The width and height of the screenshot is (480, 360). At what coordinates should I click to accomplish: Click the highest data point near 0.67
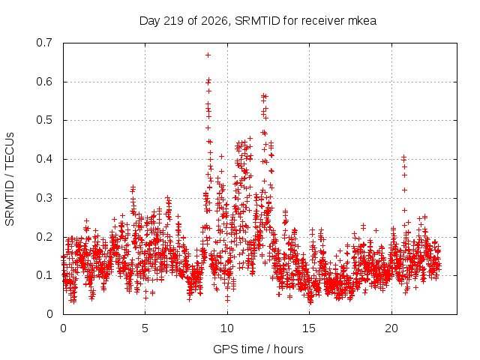pyautogui.click(x=208, y=55)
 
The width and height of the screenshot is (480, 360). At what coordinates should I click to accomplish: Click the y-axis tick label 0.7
pyautogui.click(x=44, y=43)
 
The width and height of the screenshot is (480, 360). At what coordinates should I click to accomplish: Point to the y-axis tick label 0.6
pyautogui.click(x=44, y=82)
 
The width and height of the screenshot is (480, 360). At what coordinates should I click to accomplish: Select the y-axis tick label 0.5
pyautogui.click(x=44, y=120)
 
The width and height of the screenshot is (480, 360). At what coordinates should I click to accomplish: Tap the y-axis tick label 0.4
pyautogui.click(x=44, y=159)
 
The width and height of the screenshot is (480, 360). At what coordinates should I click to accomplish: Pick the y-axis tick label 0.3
pyautogui.click(x=44, y=198)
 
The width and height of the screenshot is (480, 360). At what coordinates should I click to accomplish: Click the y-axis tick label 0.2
pyautogui.click(x=44, y=237)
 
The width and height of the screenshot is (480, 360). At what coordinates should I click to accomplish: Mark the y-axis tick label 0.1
pyautogui.click(x=44, y=275)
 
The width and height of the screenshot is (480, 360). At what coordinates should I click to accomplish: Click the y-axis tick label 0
pyautogui.click(x=49, y=314)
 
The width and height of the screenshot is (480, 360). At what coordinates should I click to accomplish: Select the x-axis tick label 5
pyautogui.click(x=145, y=328)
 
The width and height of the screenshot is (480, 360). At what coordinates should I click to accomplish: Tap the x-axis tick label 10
pyautogui.click(x=227, y=328)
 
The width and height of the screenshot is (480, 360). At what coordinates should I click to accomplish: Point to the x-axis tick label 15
pyautogui.click(x=309, y=328)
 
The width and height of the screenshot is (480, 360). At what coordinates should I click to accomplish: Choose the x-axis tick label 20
pyautogui.click(x=391, y=328)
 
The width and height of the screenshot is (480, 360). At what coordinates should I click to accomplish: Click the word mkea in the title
pyautogui.click(x=362, y=21)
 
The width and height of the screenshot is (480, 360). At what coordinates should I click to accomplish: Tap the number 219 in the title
pyautogui.click(x=173, y=21)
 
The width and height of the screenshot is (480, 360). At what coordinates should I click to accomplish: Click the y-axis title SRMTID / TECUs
pyautogui.click(x=10, y=179)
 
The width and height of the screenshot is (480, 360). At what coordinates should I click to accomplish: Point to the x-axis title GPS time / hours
pyautogui.click(x=258, y=349)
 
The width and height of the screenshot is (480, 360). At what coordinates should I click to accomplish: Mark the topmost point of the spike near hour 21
pyautogui.click(x=403, y=157)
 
